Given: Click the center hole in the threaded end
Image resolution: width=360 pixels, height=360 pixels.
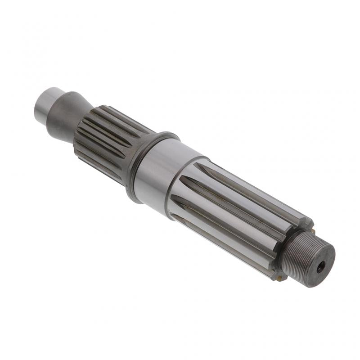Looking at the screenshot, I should click(320, 267).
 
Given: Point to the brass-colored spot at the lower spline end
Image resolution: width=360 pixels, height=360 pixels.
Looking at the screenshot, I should click(279, 278).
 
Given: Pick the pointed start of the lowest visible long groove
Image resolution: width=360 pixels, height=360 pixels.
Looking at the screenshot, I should click(175, 216).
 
